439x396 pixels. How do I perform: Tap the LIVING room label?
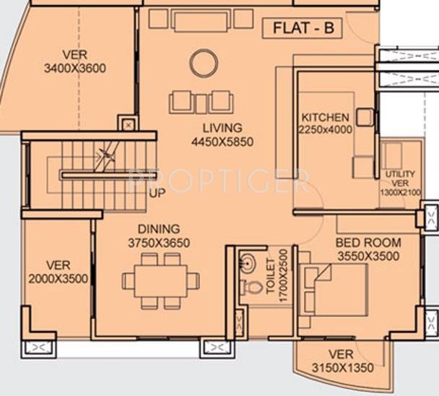222,129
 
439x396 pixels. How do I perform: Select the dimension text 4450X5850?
222,142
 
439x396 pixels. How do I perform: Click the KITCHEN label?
325,117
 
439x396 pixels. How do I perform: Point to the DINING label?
159,229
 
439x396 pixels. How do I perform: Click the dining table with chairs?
160,279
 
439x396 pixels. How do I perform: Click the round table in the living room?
203,63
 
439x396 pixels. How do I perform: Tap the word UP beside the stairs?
156,193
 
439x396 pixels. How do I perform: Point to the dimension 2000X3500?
58,278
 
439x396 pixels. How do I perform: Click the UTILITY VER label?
399,179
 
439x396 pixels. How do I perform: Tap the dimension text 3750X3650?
159,243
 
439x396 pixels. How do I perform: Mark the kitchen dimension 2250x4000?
325,130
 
